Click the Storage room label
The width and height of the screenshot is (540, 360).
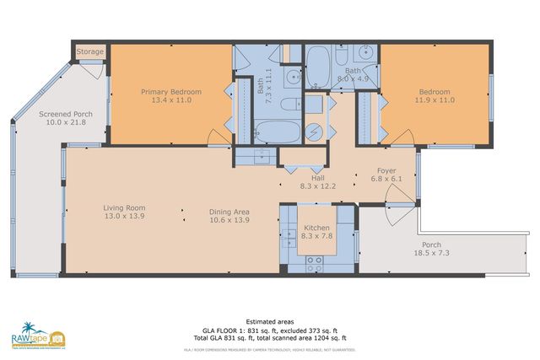coord(90,51)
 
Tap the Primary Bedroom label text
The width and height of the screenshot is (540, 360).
coord(170,91)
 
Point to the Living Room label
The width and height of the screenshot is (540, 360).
coord(125,207)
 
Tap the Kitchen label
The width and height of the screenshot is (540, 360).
coord(316,228)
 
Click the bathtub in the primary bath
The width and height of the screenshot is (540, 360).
coord(278,132)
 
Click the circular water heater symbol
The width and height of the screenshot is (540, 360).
coord(314,132)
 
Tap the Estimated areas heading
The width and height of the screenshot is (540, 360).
coord(269,321)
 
